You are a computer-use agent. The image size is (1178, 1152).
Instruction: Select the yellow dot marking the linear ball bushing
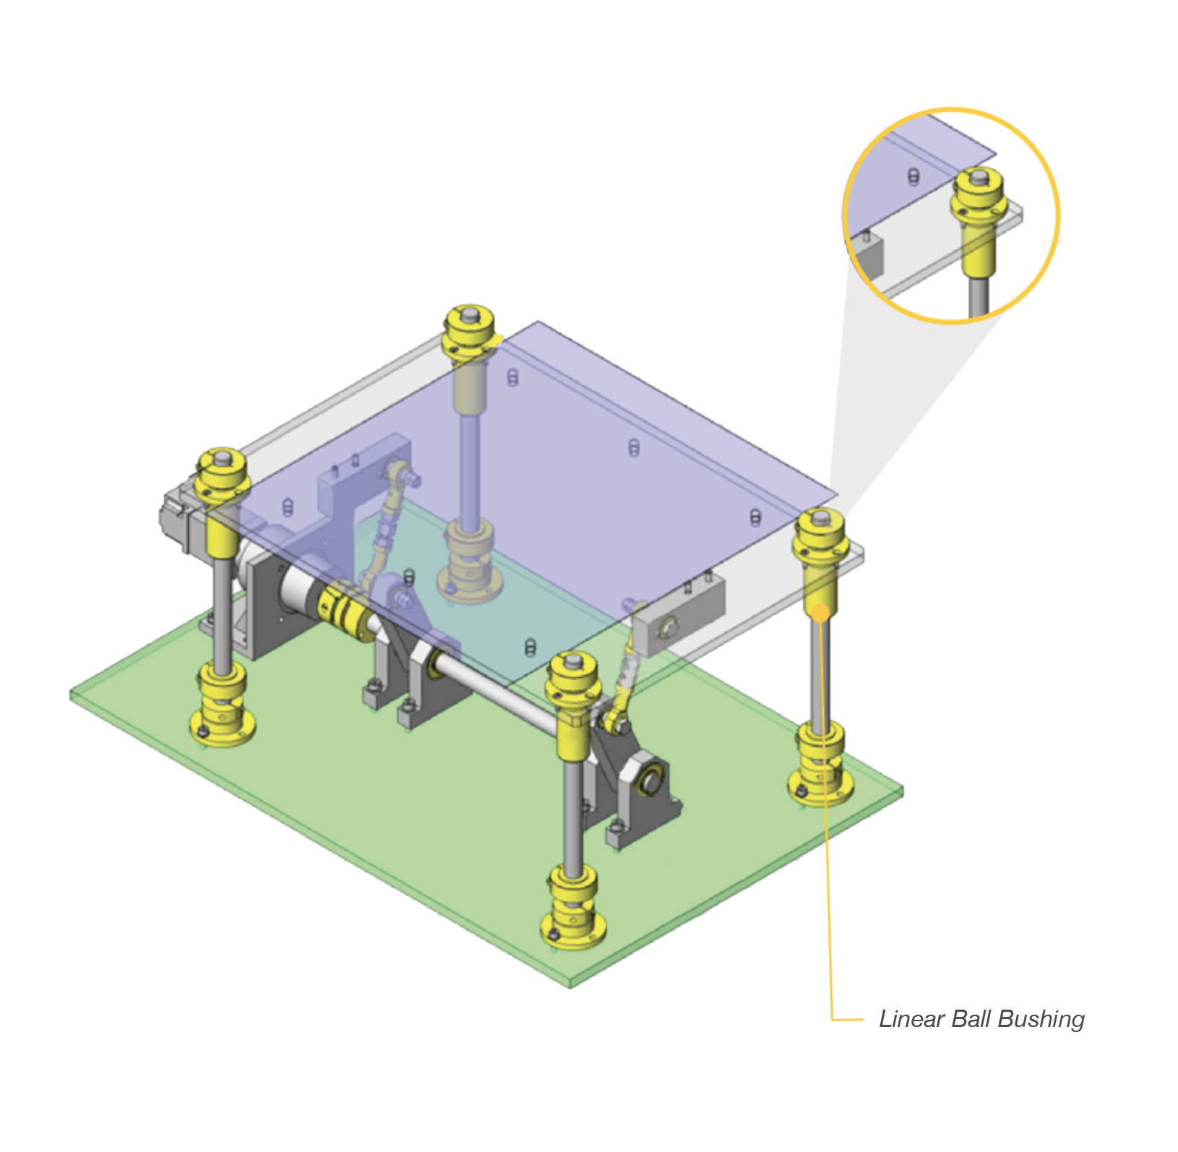821,613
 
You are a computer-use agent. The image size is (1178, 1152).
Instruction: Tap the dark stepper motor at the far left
177,518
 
